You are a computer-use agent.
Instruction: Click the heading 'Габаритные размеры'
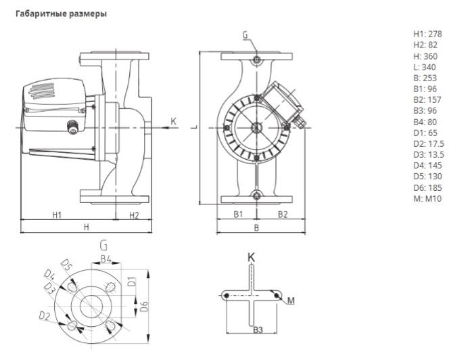pyautogui.click(x=61, y=14)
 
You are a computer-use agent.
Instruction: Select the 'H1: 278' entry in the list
pyautogui.click(x=427, y=34)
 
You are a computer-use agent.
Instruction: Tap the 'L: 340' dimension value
pyautogui.click(x=425, y=67)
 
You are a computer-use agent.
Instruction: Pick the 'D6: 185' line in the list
pyautogui.click(x=427, y=187)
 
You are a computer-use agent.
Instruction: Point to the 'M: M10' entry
pyautogui.click(x=427, y=199)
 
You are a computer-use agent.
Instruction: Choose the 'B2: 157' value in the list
pyautogui.click(x=427, y=99)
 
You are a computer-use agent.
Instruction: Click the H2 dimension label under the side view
pyautogui.click(x=134, y=215)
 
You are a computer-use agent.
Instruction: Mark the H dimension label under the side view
pyautogui.click(x=87, y=227)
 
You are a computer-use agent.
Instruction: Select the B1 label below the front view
pyautogui.click(x=238, y=215)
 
